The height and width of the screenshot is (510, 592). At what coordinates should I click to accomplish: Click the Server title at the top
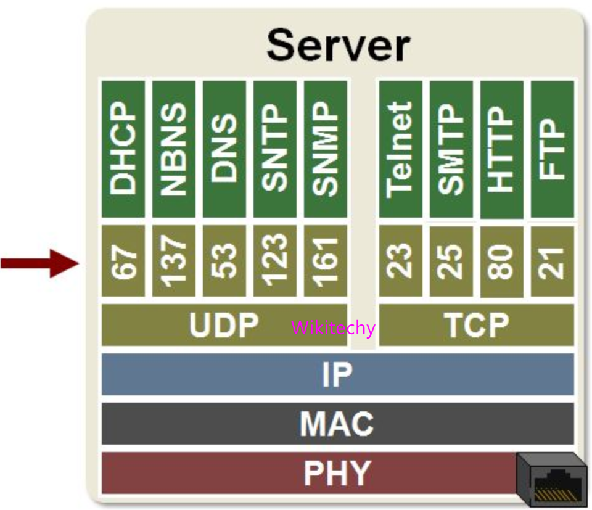(x=338, y=46)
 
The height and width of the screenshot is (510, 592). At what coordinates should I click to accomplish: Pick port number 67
(x=123, y=260)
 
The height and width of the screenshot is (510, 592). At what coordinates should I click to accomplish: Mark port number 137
(x=173, y=260)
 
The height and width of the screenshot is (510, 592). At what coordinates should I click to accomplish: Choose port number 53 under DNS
(x=224, y=260)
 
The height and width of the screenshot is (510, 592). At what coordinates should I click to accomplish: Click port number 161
(x=325, y=260)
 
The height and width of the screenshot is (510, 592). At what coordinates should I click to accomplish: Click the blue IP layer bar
(x=337, y=374)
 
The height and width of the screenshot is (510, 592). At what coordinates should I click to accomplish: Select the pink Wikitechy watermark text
(x=333, y=327)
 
